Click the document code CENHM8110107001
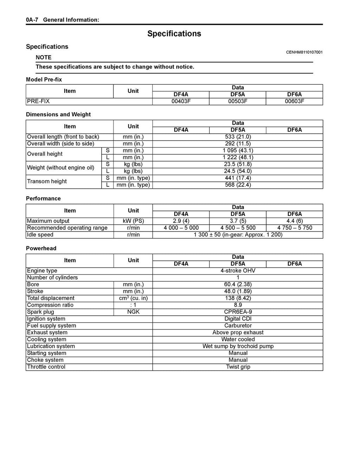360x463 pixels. pos(304,52)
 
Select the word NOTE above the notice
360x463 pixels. pos(44,57)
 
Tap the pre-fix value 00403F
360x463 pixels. pos(181,101)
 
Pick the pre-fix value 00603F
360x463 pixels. pos(294,101)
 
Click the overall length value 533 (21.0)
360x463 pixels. pos(238,137)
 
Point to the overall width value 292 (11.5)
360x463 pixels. pos(238,143)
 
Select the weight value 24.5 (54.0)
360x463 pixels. pos(238,171)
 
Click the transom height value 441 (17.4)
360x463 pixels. pos(238,178)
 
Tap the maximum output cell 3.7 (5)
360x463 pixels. pos(238,221)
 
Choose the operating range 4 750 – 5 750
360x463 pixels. pos(294,228)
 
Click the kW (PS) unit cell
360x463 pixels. pos(133,221)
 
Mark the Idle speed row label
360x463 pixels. pos(40,234)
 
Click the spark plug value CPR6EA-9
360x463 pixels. pos(238,312)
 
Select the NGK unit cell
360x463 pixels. pos(133,312)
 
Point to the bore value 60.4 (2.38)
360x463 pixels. pos(238,284)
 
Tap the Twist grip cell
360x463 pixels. pos(238,367)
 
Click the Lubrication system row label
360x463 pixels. pos(51,346)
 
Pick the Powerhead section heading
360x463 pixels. pos(41,248)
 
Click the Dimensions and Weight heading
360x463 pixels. pos(58,114)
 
